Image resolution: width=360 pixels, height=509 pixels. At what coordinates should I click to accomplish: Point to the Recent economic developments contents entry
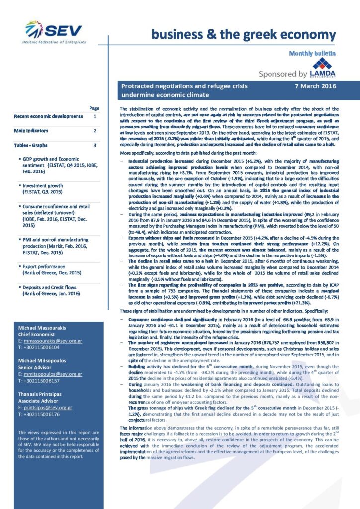point(48,116)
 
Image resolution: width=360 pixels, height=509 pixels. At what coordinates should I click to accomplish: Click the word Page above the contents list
point(94,108)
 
